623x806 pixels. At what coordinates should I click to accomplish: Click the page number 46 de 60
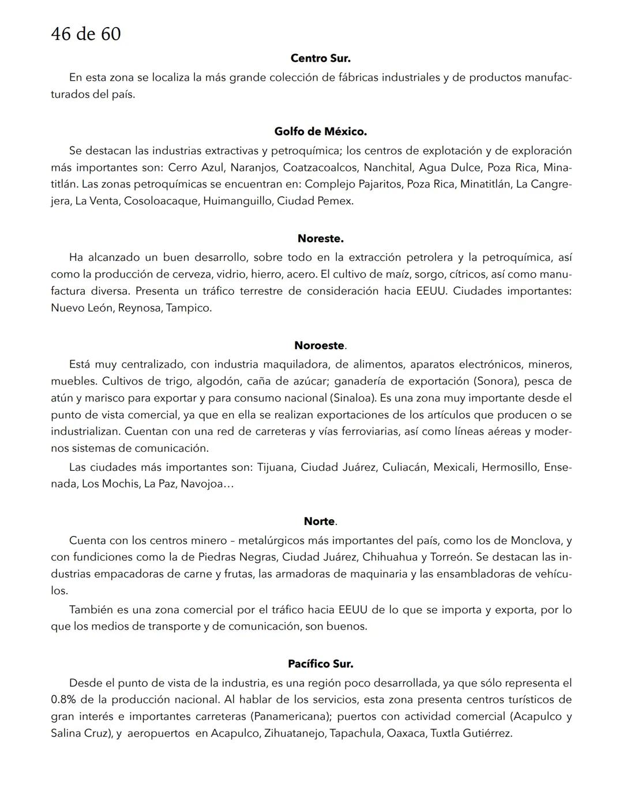[85, 34]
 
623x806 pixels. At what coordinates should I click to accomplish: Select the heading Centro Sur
[320, 58]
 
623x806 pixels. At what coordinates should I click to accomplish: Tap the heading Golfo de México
[320, 132]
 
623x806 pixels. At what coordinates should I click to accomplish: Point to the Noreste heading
[320, 238]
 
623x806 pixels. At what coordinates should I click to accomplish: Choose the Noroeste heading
[319, 346]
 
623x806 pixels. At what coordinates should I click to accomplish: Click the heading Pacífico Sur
[320, 664]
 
